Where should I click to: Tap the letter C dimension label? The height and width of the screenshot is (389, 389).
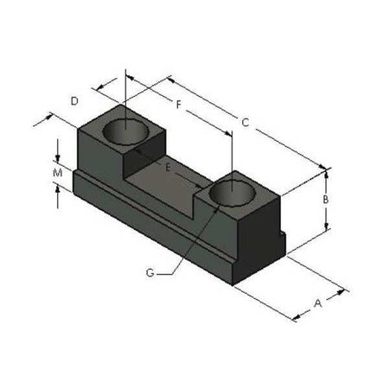point(245,124)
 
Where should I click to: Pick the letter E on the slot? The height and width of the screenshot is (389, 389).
point(168,163)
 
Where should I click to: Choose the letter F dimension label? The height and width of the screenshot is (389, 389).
point(178,105)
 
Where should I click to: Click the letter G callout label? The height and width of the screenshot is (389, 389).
point(150,272)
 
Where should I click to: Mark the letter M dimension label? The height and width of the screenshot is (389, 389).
point(57,173)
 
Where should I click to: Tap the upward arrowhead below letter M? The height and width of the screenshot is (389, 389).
point(57,189)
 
